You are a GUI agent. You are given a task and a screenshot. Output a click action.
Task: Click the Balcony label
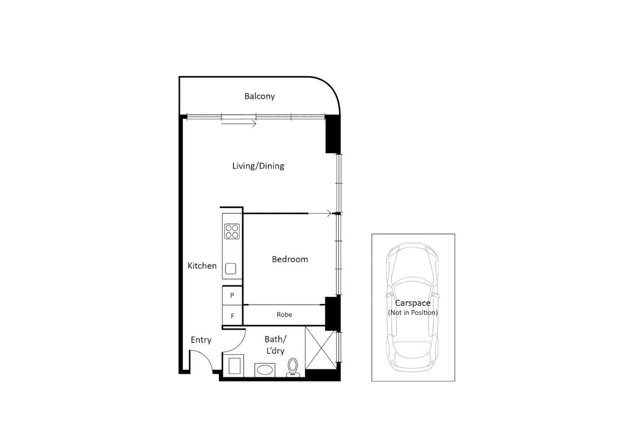259,96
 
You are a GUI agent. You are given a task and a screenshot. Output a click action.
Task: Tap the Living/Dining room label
258,166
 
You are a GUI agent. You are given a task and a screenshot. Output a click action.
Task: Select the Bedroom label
290,259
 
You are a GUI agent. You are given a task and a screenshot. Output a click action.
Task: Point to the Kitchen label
202,266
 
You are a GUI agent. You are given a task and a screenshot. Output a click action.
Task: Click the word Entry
201,340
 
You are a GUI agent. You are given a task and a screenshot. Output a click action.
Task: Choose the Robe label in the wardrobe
284,315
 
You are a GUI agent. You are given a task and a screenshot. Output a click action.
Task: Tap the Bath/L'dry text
275,345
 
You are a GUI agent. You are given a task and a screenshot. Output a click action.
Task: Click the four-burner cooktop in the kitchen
232,231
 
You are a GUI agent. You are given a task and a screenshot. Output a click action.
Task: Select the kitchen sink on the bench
230,269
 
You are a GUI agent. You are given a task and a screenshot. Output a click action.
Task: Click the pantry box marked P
232,295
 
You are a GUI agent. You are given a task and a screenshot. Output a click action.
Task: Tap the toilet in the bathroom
293,367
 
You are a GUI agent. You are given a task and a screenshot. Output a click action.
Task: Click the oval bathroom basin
264,369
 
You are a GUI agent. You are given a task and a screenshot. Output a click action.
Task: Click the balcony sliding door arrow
239,124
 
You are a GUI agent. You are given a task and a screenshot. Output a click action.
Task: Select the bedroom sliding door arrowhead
329,214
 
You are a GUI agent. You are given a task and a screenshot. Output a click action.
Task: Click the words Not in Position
413,313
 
